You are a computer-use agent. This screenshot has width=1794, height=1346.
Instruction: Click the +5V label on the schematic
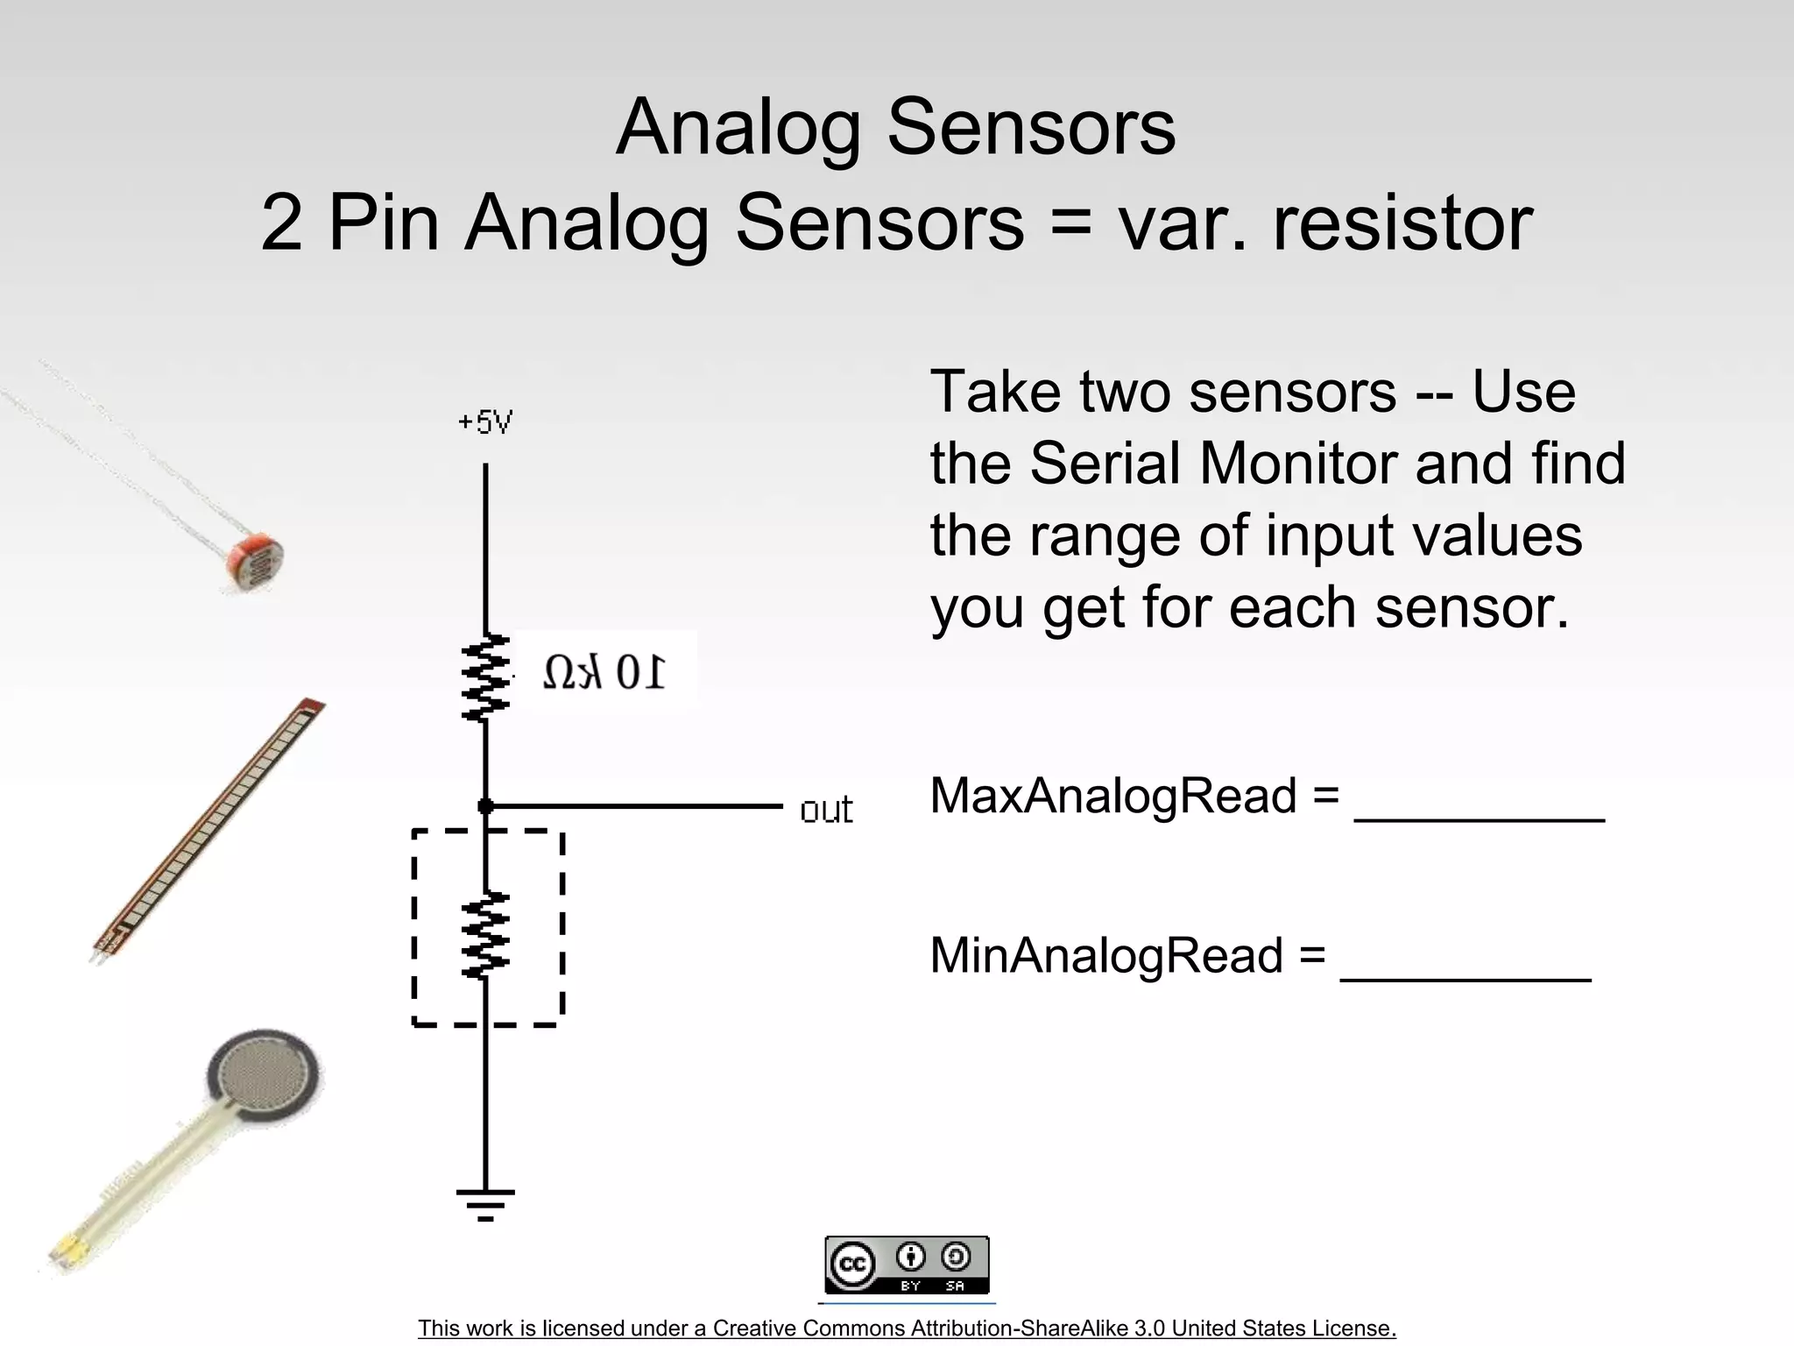pos(485,423)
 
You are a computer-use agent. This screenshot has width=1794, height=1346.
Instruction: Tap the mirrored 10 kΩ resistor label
pos(604,673)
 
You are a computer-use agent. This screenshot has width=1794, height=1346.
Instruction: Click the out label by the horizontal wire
pos(826,811)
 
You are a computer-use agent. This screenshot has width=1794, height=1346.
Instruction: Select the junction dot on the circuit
pos(485,806)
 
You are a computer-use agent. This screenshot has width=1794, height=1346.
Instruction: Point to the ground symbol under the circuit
pos(485,1203)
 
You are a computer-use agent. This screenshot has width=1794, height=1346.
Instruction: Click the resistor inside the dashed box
pos(485,934)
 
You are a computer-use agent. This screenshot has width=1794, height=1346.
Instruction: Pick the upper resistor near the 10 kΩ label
pos(485,677)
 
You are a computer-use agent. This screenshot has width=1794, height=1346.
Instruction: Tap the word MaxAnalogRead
pos(1112,796)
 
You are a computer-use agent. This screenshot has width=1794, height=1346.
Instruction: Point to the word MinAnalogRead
pos(1106,955)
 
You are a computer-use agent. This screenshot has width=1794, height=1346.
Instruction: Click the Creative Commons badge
pos(907,1265)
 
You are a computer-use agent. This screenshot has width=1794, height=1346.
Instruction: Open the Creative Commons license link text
pos(907,1328)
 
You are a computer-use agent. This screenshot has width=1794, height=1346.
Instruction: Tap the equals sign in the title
pos(1070,223)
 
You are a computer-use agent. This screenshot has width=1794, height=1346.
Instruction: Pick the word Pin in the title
pos(383,223)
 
